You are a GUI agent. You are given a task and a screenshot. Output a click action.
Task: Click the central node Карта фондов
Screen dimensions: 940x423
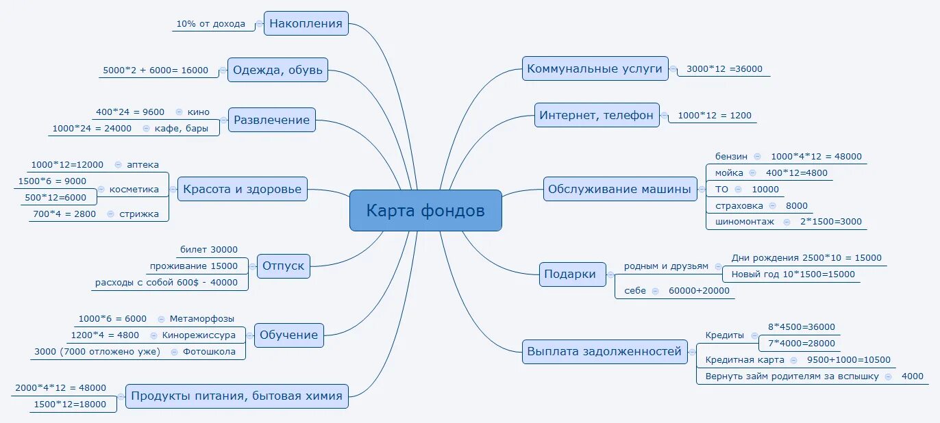[425, 210]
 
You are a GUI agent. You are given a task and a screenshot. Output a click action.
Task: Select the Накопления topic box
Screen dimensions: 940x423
[306, 23]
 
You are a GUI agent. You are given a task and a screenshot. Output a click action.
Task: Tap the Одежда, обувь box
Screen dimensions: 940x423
[277, 70]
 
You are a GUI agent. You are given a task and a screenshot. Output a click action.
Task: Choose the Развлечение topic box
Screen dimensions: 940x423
[271, 120]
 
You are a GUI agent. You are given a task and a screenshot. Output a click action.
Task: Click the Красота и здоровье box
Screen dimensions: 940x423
[243, 189]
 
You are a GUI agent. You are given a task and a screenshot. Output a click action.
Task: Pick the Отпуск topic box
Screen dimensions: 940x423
[283, 266]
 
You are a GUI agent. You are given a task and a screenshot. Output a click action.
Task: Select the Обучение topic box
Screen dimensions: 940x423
[288, 335]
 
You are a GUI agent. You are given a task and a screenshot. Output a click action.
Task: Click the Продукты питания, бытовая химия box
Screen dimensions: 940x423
[236, 396]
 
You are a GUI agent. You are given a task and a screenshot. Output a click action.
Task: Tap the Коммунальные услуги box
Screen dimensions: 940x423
[594, 68]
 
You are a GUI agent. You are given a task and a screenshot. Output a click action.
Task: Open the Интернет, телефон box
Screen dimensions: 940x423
[596, 115]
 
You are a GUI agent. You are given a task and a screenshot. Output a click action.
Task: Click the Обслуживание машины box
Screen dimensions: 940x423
[619, 189]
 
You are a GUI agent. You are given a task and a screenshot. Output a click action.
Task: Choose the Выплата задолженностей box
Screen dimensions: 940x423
[605, 351]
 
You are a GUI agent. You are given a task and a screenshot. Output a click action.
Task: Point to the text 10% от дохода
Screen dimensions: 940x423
[210, 24]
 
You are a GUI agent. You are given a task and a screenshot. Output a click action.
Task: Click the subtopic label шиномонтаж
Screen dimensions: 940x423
[745, 222]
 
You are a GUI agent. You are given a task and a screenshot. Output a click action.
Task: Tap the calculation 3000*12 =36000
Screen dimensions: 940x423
[724, 69]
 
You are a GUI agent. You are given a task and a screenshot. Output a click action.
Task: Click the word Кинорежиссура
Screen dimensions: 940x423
[199, 335]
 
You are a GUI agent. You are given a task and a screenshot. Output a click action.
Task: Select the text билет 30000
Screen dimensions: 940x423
[209, 250]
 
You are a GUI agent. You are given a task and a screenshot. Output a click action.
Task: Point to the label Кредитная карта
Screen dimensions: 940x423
[740, 360]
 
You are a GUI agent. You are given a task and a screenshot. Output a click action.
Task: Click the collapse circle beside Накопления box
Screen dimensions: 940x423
[259, 24]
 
